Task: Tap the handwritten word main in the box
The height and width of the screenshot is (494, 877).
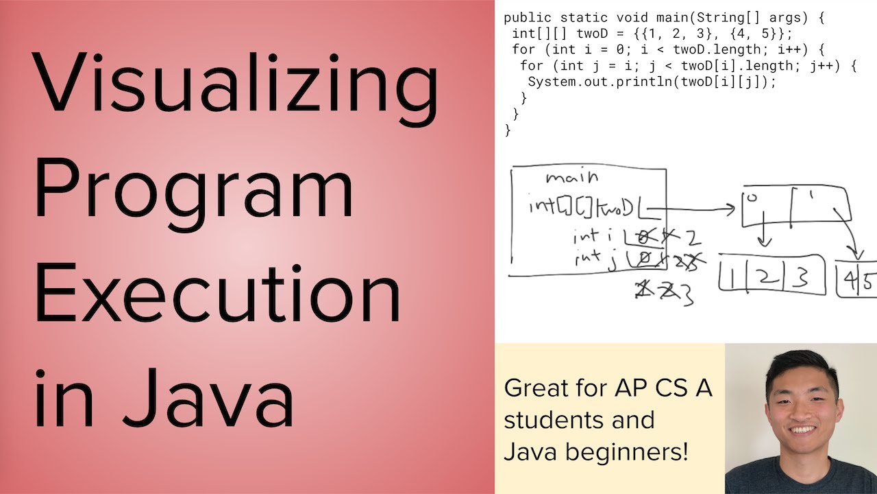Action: coord(571,178)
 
